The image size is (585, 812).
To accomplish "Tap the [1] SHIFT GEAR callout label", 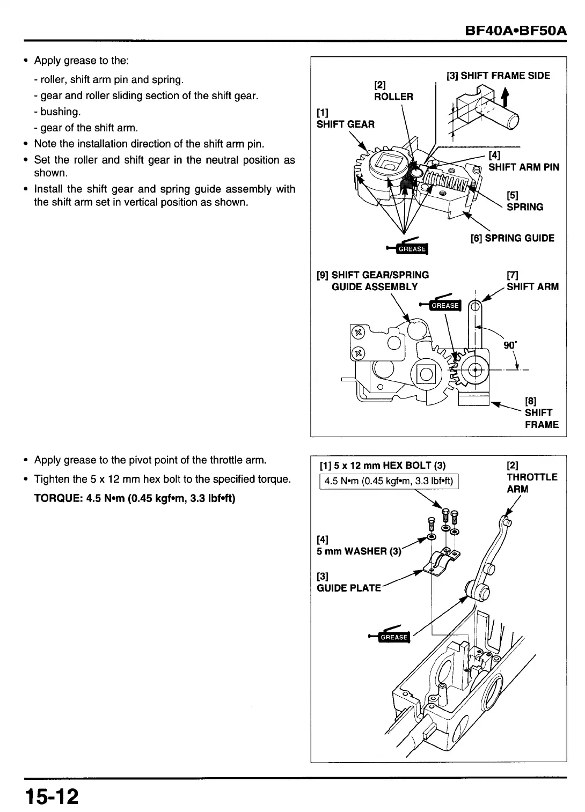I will coord(345,119).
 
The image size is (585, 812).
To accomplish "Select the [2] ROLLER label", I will coord(393,91).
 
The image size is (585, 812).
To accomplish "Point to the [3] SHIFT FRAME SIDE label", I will coord(498,76).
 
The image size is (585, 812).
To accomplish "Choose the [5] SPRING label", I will coord(524,201).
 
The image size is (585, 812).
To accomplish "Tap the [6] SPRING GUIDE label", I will coord(512,238).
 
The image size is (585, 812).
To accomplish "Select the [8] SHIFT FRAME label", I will coord(541,413).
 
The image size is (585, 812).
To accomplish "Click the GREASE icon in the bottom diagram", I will coord(393,637).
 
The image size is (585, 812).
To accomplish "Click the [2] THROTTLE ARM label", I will coord(531,477).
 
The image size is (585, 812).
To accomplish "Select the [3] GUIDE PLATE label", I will coord(348,582).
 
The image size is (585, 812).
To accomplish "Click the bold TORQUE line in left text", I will coord(135,498).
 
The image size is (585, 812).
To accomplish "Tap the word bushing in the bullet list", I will coord(60,112).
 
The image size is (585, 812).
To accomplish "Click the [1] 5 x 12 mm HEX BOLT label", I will coord(382,465).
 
